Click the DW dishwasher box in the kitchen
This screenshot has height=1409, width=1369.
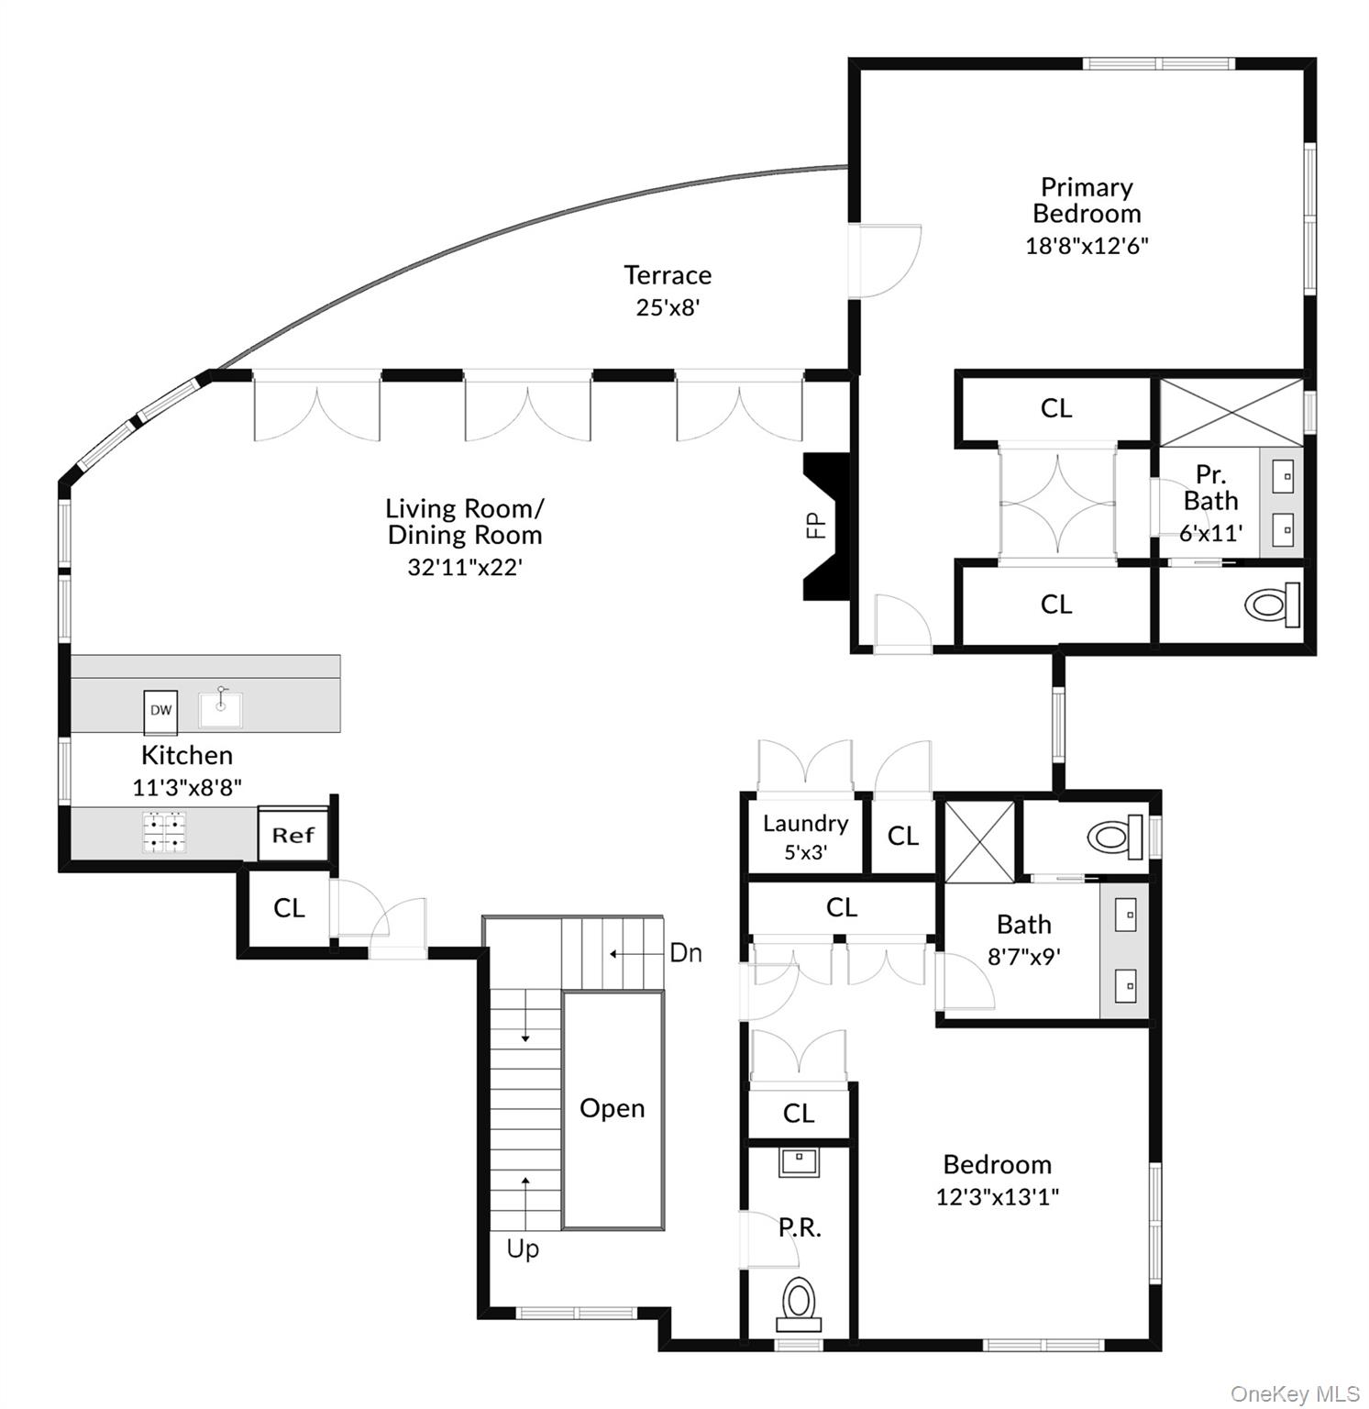click(160, 712)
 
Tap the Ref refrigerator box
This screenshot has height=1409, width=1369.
click(293, 835)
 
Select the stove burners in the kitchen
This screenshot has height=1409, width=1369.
click(164, 832)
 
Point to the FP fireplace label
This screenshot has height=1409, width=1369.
click(815, 525)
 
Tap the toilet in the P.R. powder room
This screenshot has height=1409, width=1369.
click(799, 1303)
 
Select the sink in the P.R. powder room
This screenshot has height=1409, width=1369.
click(800, 1160)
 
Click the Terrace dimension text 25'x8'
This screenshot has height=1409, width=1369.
click(668, 307)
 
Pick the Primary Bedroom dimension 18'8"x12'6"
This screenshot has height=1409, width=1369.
click(1087, 246)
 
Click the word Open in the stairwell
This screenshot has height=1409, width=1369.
click(612, 1108)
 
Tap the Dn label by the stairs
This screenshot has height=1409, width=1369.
click(686, 953)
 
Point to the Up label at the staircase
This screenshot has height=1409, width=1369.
click(523, 1248)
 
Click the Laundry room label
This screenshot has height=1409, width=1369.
click(805, 823)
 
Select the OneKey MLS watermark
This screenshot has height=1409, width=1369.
click(1294, 1393)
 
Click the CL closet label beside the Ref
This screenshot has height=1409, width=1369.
click(289, 907)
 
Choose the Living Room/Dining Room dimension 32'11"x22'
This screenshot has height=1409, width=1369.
click(464, 567)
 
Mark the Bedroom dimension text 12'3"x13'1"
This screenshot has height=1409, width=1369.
click(997, 1196)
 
